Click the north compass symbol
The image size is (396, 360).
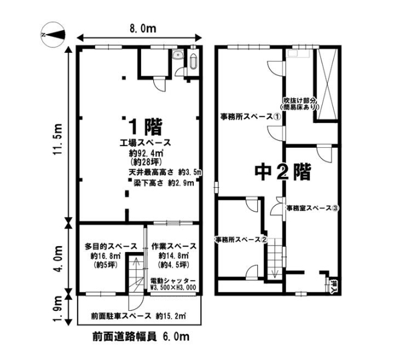(53, 35)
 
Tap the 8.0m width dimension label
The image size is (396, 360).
(143, 28)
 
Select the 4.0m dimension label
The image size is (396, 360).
(58, 258)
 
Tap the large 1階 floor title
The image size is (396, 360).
(145, 127)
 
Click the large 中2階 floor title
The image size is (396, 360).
(282, 173)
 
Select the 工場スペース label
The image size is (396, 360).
(145, 143)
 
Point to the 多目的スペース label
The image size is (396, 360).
(111, 246)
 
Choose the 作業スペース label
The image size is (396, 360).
(174, 246)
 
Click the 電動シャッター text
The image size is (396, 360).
(173, 281)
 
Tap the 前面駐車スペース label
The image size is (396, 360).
(121, 316)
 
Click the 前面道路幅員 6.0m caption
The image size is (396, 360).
(141, 337)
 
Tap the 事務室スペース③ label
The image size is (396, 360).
(312, 208)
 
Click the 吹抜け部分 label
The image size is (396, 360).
(300, 100)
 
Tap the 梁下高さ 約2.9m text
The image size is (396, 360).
(163, 183)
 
